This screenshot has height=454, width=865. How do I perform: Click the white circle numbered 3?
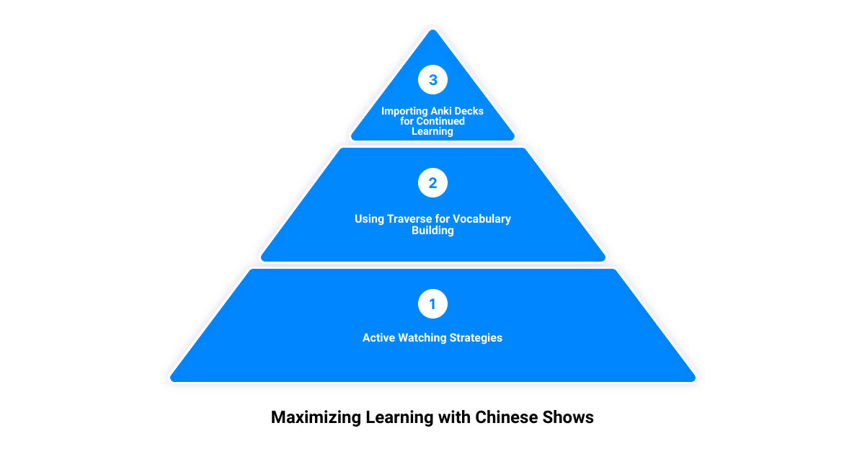pos(432,79)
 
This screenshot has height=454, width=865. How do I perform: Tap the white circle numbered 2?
pos(432,182)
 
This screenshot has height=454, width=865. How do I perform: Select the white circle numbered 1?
pos(432,304)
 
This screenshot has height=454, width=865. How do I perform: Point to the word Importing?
pos(402,112)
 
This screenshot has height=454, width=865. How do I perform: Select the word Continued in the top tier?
pos(440,121)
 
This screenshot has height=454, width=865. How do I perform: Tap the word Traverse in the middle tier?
pos(409,219)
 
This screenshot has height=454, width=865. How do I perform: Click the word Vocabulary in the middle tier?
pos(482,219)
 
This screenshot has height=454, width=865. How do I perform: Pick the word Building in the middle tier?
pos(432,231)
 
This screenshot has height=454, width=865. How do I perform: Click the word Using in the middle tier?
pos(369,220)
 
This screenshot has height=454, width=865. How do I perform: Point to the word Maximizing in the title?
pos(316,418)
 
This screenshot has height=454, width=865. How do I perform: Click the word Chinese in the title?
pos(506,417)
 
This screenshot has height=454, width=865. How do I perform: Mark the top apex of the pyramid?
pos(432,30)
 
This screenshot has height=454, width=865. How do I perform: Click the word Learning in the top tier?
pos(432,132)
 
